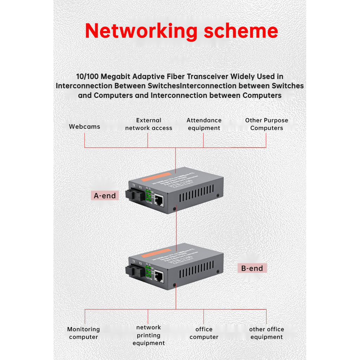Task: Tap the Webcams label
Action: point(84,127)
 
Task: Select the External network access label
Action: point(148,124)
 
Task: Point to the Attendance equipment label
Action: point(204,124)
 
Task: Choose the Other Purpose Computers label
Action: point(266,124)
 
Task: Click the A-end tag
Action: point(104,196)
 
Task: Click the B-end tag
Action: point(252,269)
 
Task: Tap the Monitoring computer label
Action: point(83,333)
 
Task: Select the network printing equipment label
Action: point(149,335)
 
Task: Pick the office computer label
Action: point(204,333)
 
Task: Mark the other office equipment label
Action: point(266,333)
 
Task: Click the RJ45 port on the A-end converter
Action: point(159,200)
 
